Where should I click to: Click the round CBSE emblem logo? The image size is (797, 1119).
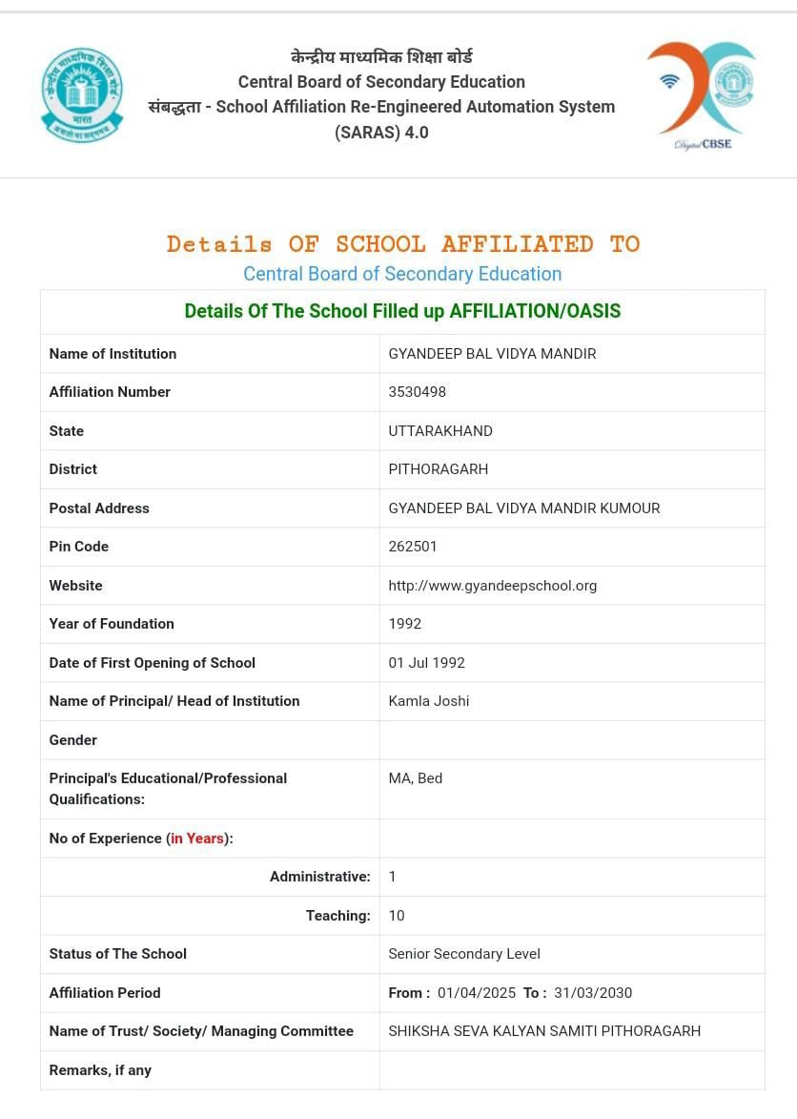[x=82, y=94]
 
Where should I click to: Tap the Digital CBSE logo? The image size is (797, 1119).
[x=703, y=94]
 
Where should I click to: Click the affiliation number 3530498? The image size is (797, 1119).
[x=417, y=392]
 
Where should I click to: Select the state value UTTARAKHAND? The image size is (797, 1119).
[x=440, y=431]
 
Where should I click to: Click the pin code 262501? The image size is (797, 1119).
[x=413, y=547]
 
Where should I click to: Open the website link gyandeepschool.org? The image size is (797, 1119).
[x=492, y=586]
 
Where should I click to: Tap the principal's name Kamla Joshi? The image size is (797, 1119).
[x=428, y=701]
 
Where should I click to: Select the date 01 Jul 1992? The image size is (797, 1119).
[x=426, y=663]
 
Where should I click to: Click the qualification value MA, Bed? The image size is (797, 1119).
[x=415, y=778]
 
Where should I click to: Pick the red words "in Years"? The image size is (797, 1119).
[x=197, y=839]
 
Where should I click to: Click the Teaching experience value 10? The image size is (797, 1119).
[x=397, y=916]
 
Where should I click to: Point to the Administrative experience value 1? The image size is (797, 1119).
[x=392, y=877]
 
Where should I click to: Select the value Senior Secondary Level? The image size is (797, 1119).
[x=464, y=954]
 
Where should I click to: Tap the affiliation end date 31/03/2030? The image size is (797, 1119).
[x=592, y=993]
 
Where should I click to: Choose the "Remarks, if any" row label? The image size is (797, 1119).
[x=100, y=1070]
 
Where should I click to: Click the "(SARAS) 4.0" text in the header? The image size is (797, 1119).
[x=381, y=133]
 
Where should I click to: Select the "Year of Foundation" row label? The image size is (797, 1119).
[x=112, y=624]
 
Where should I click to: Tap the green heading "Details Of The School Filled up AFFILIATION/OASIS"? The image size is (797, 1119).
[x=402, y=311]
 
